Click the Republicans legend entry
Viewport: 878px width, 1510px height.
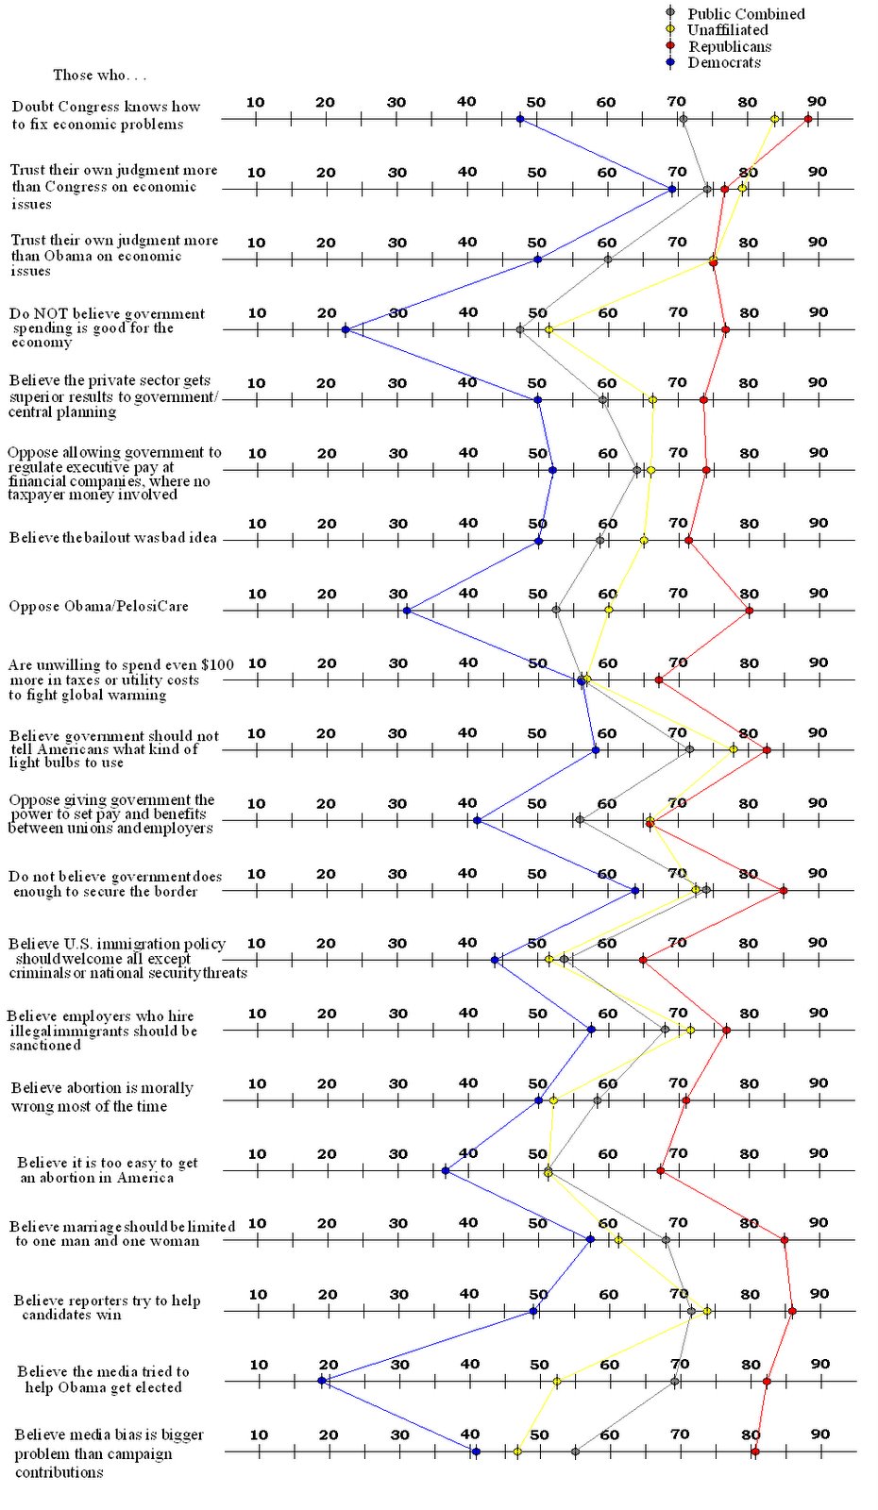click(x=729, y=46)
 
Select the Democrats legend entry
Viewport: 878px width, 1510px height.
click(x=723, y=62)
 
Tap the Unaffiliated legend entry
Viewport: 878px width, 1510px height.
click(x=727, y=30)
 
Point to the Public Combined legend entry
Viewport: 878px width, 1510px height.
click(x=745, y=13)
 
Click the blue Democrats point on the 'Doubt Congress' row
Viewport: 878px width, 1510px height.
click(x=519, y=119)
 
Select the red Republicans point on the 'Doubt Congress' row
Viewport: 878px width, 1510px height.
click(x=808, y=119)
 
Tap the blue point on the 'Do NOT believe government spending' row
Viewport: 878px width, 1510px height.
click(x=346, y=329)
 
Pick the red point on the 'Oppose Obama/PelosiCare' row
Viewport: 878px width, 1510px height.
click(x=750, y=611)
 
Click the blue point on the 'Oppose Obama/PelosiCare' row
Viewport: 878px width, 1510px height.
click(x=407, y=611)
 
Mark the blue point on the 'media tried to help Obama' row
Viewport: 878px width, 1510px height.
click(x=322, y=1381)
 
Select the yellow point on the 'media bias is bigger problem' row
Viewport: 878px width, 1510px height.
click(x=517, y=1451)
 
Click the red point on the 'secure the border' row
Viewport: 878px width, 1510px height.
click(x=784, y=890)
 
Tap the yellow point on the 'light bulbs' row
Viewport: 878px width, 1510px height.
click(x=734, y=749)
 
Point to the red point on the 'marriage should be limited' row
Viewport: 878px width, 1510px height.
click(x=785, y=1240)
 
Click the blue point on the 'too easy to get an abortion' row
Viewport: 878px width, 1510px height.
click(x=446, y=1171)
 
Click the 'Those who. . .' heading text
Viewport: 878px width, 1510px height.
click(x=99, y=75)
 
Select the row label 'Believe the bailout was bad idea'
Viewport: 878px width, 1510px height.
click(x=113, y=538)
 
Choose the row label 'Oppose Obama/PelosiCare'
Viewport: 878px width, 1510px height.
click(x=99, y=606)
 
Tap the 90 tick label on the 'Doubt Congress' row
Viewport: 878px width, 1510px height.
click(x=817, y=102)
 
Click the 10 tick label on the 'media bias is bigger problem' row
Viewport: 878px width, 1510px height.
click(x=258, y=1434)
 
